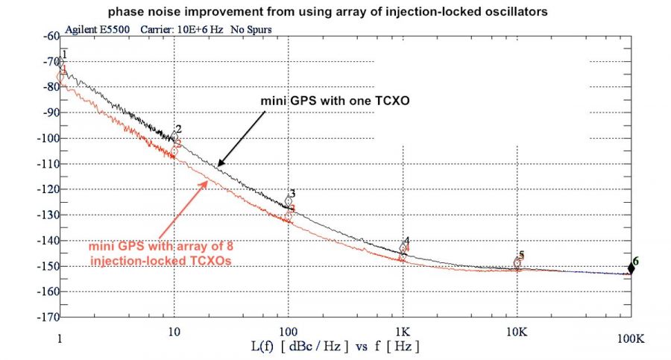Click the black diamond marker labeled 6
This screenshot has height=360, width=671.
click(631, 268)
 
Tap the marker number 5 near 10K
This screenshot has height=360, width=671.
click(522, 254)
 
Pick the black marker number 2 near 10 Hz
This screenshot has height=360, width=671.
click(179, 129)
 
